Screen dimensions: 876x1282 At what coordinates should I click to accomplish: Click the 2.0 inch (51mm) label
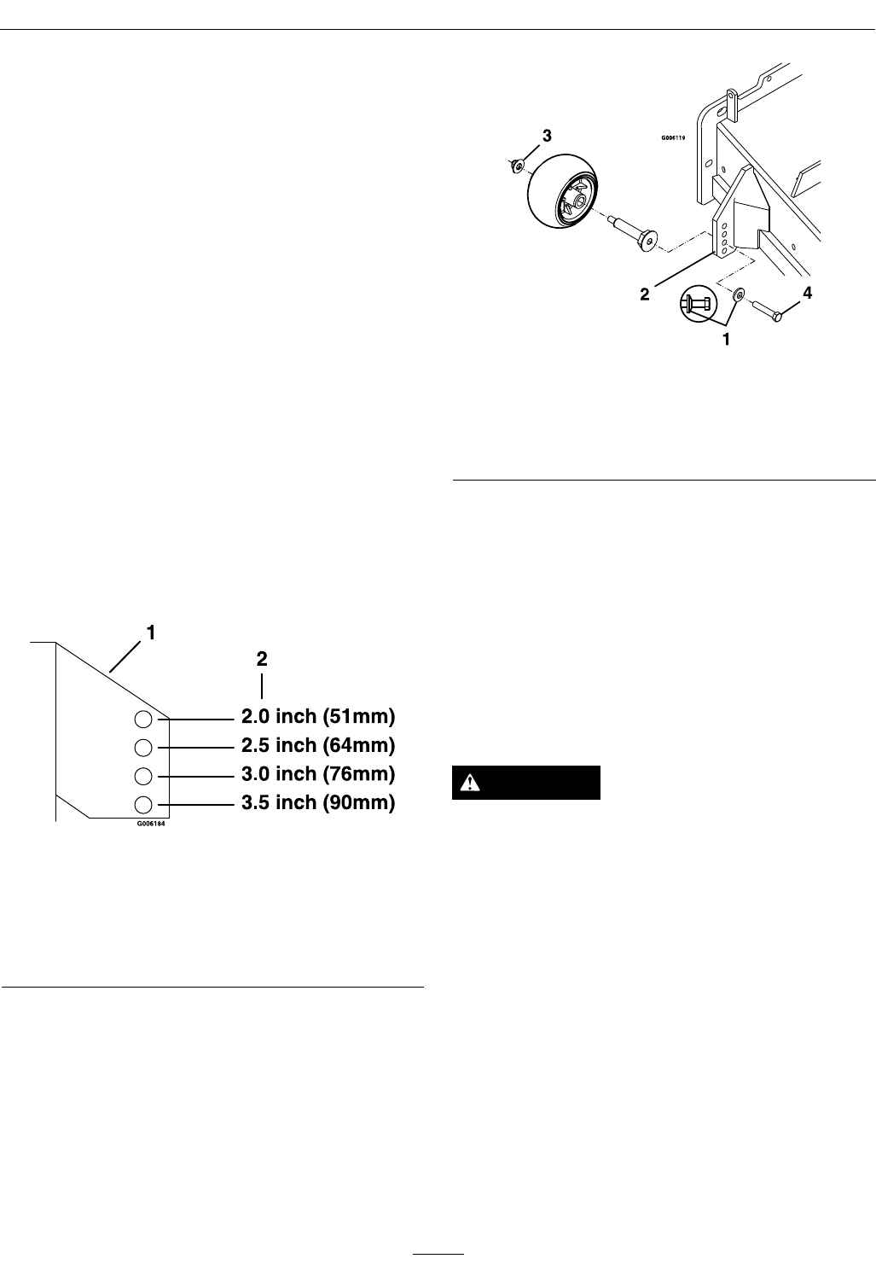pyautogui.click(x=318, y=716)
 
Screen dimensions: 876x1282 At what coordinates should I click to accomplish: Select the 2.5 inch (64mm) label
pyautogui.click(x=318, y=745)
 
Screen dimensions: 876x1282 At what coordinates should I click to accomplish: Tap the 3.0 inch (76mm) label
pyautogui.click(x=318, y=774)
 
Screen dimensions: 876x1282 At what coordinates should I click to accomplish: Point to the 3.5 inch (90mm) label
pyautogui.click(x=318, y=803)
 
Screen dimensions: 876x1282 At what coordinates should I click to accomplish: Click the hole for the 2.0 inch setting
pyautogui.click(x=143, y=719)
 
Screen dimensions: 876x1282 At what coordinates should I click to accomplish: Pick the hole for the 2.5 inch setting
pyautogui.click(x=143, y=748)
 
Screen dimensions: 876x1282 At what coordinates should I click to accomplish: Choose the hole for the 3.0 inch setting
pyautogui.click(x=143, y=777)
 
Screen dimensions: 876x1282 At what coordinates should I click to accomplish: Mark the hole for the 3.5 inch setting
pyautogui.click(x=143, y=804)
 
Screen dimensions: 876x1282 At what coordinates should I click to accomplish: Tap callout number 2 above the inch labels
pyautogui.click(x=262, y=659)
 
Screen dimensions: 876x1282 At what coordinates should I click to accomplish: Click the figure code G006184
pyautogui.click(x=150, y=825)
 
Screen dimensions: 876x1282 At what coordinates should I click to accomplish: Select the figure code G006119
pyautogui.click(x=673, y=136)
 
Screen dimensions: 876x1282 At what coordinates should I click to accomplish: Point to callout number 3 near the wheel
pyautogui.click(x=547, y=136)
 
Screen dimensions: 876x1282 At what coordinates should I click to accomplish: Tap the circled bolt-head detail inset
pyautogui.click(x=696, y=302)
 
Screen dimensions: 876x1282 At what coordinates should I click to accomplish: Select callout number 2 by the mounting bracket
pyautogui.click(x=646, y=294)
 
